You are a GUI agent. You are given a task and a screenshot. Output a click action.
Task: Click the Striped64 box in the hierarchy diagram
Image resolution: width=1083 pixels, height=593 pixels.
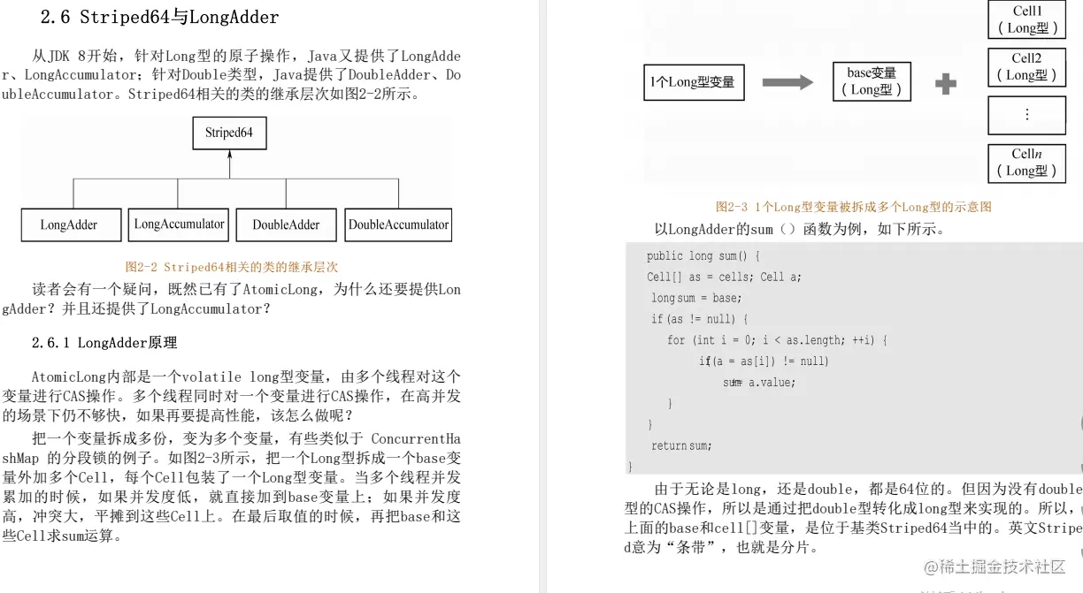click(229, 133)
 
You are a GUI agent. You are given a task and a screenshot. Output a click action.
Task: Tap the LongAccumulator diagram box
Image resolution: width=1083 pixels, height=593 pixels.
click(179, 224)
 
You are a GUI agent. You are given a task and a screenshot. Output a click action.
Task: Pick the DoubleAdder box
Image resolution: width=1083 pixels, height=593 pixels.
click(286, 224)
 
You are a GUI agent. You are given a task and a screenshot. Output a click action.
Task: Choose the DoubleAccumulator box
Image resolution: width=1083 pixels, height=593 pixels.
click(398, 224)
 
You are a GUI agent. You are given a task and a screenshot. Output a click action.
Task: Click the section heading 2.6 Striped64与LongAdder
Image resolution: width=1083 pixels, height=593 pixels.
click(160, 17)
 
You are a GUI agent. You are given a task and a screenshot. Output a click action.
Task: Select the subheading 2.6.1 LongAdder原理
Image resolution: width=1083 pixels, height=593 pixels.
click(104, 342)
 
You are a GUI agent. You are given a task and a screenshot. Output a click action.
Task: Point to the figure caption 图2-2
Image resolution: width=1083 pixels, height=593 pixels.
click(232, 266)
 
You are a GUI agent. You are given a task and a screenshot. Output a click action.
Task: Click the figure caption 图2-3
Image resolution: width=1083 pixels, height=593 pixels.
click(853, 206)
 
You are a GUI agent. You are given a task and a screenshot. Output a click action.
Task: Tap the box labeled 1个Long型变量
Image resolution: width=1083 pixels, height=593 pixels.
click(693, 82)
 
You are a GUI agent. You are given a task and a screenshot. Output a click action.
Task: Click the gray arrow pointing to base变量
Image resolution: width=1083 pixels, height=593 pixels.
click(787, 82)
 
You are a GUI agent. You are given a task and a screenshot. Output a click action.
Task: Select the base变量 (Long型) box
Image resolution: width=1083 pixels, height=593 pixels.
click(872, 81)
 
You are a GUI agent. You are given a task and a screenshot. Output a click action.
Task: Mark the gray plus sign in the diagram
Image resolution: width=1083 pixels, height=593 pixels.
click(946, 84)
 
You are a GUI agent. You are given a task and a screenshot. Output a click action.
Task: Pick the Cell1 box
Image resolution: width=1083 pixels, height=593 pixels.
click(1026, 19)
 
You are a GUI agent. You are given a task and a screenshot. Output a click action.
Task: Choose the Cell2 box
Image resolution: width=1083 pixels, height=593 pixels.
click(1026, 67)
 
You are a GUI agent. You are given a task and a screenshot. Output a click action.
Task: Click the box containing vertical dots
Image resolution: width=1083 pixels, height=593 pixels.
click(1026, 114)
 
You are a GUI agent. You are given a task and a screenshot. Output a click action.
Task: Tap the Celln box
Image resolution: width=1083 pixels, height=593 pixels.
click(1026, 163)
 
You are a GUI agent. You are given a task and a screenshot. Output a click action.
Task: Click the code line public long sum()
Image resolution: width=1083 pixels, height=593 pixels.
click(697, 256)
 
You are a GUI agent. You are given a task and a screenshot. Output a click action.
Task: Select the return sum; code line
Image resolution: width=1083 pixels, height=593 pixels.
click(681, 445)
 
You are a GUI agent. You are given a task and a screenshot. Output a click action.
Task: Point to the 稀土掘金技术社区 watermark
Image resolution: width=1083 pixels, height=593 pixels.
click(995, 566)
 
